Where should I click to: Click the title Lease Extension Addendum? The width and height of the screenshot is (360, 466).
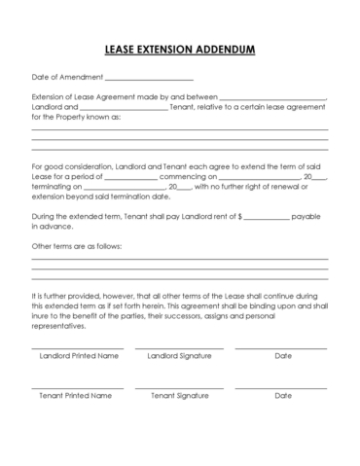[x=179, y=48]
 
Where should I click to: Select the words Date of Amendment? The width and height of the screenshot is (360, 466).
[x=65, y=77]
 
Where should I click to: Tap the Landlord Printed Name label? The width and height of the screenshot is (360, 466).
[x=79, y=356]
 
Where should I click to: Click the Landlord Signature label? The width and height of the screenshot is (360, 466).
[x=179, y=356]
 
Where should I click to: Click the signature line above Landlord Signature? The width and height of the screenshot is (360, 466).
[x=179, y=347]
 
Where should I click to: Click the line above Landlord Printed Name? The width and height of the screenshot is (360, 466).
[x=78, y=347]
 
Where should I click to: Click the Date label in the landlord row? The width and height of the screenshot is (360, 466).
[x=283, y=356]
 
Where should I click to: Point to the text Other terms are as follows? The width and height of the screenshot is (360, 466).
[x=77, y=246]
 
